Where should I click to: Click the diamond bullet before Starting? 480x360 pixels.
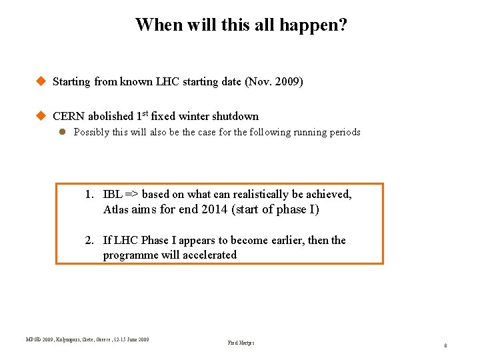[x=40, y=81]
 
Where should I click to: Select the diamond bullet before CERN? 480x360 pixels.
[x=40, y=115]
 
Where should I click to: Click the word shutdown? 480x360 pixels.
[x=235, y=116]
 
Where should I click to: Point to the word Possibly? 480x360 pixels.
[x=92, y=132]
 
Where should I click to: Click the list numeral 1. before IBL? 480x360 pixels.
[x=89, y=195]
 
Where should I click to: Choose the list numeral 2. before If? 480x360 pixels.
[x=89, y=241]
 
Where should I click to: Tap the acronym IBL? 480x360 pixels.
[x=113, y=195]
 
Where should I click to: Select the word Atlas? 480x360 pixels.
[x=116, y=210]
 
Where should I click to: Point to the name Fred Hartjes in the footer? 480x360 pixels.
[x=241, y=343]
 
